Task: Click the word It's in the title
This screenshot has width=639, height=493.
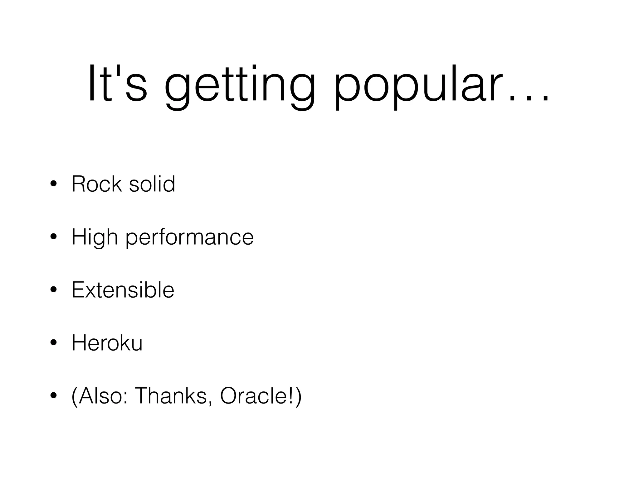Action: (117, 84)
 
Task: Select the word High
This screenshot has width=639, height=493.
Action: (95, 237)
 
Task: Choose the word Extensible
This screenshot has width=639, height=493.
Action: (123, 290)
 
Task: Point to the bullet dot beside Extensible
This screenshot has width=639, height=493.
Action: (53, 290)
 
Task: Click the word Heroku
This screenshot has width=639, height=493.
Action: (107, 343)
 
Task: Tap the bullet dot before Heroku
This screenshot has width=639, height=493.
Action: (53, 343)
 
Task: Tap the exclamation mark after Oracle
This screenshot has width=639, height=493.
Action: (292, 396)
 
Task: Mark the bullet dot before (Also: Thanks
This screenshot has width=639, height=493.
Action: (53, 396)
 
